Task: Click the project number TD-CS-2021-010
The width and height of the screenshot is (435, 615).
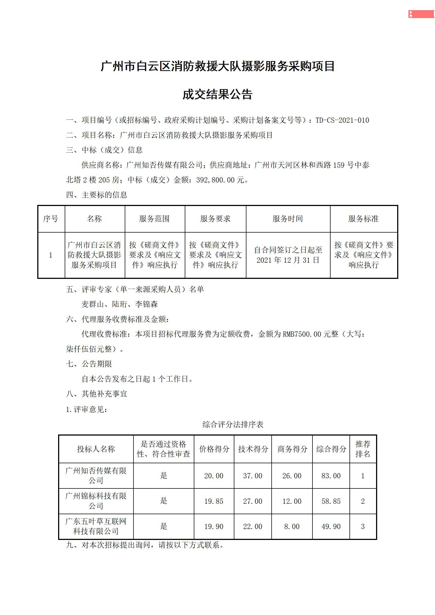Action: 342,120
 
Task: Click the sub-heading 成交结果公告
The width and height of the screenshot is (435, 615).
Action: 217,95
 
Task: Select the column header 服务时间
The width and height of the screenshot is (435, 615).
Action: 288,219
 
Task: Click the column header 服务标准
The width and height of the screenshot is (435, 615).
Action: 363,219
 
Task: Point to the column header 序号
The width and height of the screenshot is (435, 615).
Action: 51,219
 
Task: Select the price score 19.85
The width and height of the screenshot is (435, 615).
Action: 214,501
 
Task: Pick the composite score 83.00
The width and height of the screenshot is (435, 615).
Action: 331,476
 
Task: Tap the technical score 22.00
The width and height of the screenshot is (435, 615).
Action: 253,527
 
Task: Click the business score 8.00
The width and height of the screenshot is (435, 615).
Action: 292,527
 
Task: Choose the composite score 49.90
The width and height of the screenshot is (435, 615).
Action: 331,527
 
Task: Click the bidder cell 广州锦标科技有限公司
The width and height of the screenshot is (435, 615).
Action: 96,501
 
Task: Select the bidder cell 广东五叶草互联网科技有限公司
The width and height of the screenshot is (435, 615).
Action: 96,526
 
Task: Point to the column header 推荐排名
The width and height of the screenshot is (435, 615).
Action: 363,449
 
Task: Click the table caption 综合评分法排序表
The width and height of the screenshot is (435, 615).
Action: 233,424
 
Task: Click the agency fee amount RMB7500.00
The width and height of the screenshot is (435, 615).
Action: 302,334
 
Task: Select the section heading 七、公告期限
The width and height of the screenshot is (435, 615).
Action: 89,364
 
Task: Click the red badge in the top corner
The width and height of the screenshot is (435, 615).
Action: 421,14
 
